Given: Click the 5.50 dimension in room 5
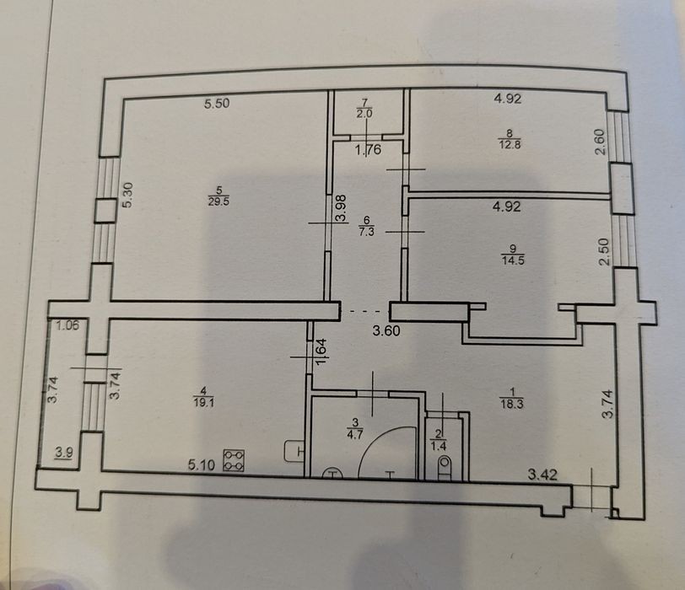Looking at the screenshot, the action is (x=217, y=104).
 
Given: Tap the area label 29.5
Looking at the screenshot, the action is (x=218, y=201).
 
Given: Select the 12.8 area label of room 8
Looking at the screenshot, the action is (x=510, y=144).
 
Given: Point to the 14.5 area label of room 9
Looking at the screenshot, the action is (x=513, y=261).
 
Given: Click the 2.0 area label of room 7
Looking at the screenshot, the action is (x=364, y=114).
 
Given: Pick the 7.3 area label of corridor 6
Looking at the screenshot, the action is (x=366, y=232).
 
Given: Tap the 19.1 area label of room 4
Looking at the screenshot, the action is (x=204, y=402).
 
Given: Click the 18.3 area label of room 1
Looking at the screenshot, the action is (x=512, y=404).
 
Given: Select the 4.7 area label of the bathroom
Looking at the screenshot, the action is (x=354, y=435).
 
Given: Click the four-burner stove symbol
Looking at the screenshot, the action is (x=234, y=461).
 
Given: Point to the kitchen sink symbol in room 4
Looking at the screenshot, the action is (x=295, y=451).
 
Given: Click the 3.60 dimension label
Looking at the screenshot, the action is (x=386, y=330).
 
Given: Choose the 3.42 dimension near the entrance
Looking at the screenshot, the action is (x=542, y=475).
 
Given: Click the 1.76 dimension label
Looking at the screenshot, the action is (x=369, y=150).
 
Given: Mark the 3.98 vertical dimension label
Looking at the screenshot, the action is (x=341, y=207).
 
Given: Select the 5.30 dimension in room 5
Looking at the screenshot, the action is (x=127, y=195).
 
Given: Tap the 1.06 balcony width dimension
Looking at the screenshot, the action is (x=67, y=325).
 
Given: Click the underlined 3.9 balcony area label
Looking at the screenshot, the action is (x=64, y=453).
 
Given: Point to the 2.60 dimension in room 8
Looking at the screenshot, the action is (x=601, y=142).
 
